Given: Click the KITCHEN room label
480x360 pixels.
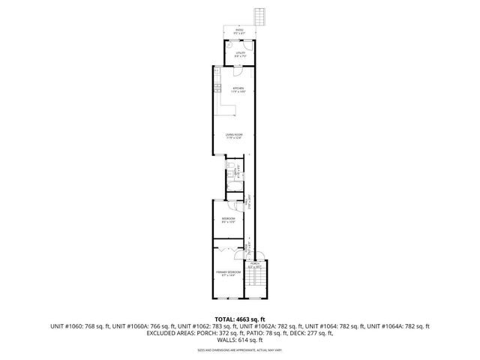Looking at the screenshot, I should [x=239, y=89].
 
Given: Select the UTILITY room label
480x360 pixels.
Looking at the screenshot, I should [x=241, y=53].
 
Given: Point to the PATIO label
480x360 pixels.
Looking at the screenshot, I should [x=239, y=31].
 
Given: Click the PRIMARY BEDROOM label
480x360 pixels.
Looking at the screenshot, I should [x=228, y=273].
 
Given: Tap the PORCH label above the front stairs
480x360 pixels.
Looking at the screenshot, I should [x=255, y=265].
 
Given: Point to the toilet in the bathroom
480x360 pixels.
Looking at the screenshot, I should [x=229, y=168].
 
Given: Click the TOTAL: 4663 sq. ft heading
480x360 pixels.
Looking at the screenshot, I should [x=239, y=319].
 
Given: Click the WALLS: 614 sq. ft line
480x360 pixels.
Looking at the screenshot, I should [x=239, y=342].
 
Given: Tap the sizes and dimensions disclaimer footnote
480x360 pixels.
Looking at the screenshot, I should [x=239, y=350].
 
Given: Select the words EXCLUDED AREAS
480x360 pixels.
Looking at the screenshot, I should [x=150, y=334].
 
